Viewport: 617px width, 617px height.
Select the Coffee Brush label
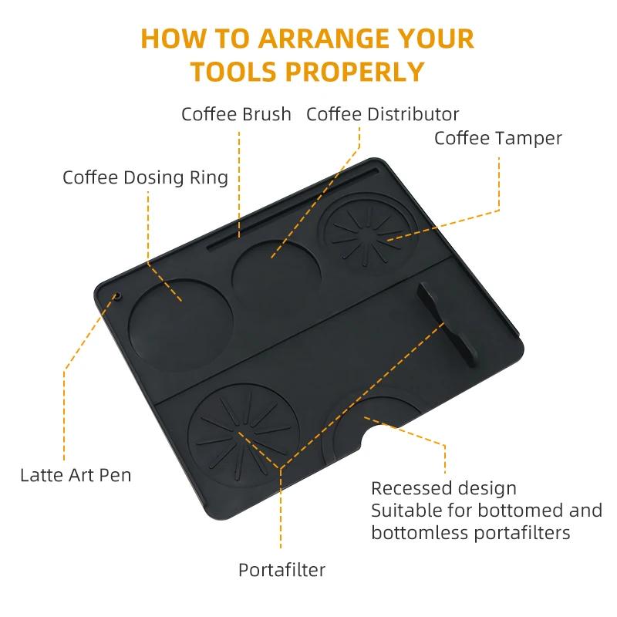click(x=236, y=115)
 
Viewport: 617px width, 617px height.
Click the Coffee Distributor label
click(x=383, y=115)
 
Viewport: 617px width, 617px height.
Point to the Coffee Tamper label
click(x=497, y=138)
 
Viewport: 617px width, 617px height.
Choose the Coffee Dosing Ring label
click(x=145, y=177)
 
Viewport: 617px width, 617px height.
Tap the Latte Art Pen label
click(x=76, y=474)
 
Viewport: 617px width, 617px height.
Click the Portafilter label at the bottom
click(x=282, y=571)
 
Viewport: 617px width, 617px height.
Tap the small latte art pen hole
click(x=118, y=295)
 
